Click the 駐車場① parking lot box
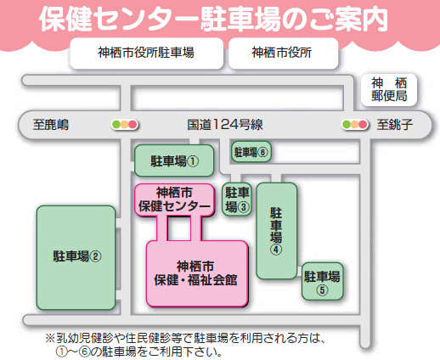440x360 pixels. coord(174,160)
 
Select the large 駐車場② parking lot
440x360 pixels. coord(76,257)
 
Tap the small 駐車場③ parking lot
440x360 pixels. coord(237,200)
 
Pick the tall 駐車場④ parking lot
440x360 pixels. coord(277,231)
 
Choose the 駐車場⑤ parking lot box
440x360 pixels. coord(322,281)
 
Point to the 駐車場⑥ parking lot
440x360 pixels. coord(251,152)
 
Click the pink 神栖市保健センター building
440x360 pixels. coord(174,200)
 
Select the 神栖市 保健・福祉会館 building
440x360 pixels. coord(197,273)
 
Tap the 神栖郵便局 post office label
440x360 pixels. coord(389,90)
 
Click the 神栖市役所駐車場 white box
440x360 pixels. coord(146,53)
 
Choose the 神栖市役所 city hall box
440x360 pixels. coord(283,53)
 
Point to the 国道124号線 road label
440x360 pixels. coord(225,125)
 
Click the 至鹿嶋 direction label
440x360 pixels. coord(51,125)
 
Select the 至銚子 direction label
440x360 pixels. coord(394,125)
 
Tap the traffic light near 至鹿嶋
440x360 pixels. coord(125,124)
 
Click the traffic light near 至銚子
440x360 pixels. coord(355,124)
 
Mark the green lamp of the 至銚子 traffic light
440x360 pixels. coord(347,124)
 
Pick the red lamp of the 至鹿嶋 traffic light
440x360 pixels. coord(133,124)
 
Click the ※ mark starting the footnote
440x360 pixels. coord(50,338)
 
